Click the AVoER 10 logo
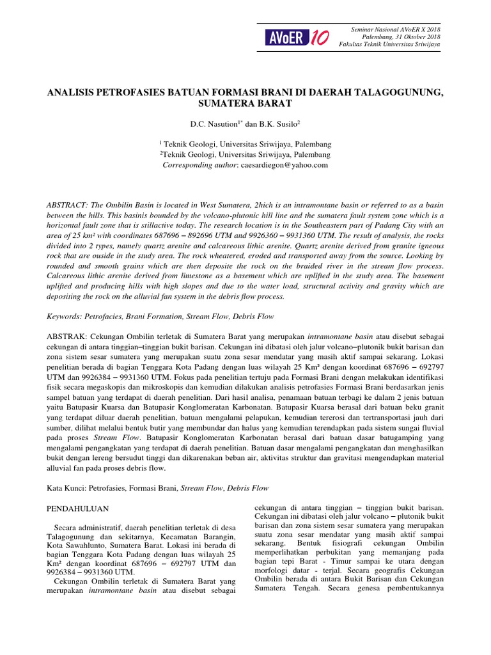(x=297, y=38)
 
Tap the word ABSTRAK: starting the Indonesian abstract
(x=69, y=336)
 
